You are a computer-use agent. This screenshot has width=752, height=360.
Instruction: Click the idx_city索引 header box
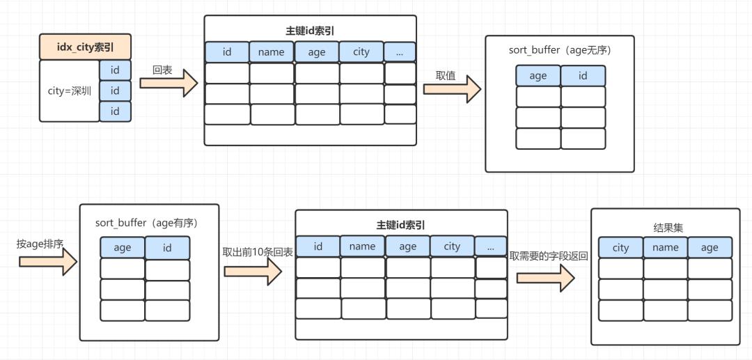pos(85,47)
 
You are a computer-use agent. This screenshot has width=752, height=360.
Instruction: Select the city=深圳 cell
pos(69,91)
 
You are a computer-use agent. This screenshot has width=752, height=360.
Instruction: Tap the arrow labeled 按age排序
pos(47,261)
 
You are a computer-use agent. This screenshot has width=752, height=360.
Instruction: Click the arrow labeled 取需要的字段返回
pos(545,277)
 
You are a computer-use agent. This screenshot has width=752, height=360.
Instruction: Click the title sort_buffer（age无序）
pos(560,51)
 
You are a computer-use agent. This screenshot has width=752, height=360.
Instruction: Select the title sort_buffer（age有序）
pos(147,223)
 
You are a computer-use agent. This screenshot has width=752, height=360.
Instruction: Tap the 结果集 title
pos(665,227)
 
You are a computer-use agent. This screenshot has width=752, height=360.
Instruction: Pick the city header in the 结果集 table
pos(620,247)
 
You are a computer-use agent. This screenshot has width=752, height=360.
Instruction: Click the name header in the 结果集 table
pos(665,247)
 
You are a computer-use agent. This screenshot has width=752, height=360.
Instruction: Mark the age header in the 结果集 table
pos(710,247)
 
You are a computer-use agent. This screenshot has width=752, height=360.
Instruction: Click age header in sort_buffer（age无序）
pos(538,76)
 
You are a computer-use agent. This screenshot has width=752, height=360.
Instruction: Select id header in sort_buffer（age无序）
pos(583,76)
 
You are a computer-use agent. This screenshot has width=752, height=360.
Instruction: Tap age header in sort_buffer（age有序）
pos(123,247)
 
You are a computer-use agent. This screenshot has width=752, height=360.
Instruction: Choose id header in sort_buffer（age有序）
pos(167,247)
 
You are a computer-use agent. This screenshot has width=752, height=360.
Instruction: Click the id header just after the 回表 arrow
pos(227,52)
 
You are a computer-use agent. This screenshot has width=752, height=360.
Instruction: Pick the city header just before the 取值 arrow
pos(361,52)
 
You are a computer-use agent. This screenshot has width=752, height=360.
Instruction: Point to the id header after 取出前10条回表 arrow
pos(318,246)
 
